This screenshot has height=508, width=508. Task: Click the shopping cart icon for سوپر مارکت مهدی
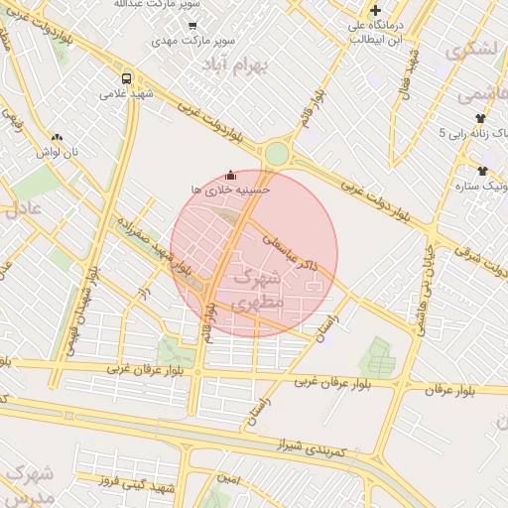(x=192, y=26)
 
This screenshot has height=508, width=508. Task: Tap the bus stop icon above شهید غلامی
(x=126, y=78)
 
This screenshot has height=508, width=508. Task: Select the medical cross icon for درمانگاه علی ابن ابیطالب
(x=375, y=11)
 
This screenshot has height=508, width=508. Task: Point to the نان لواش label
(x=57, y=152)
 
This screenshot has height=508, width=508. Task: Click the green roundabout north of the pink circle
(x=276, y=154)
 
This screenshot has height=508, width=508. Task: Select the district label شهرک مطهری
(x=258, y=289)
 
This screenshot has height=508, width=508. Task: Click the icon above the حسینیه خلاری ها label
(x=231, y=173)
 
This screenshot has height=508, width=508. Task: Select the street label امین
(x=229, y=478)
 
